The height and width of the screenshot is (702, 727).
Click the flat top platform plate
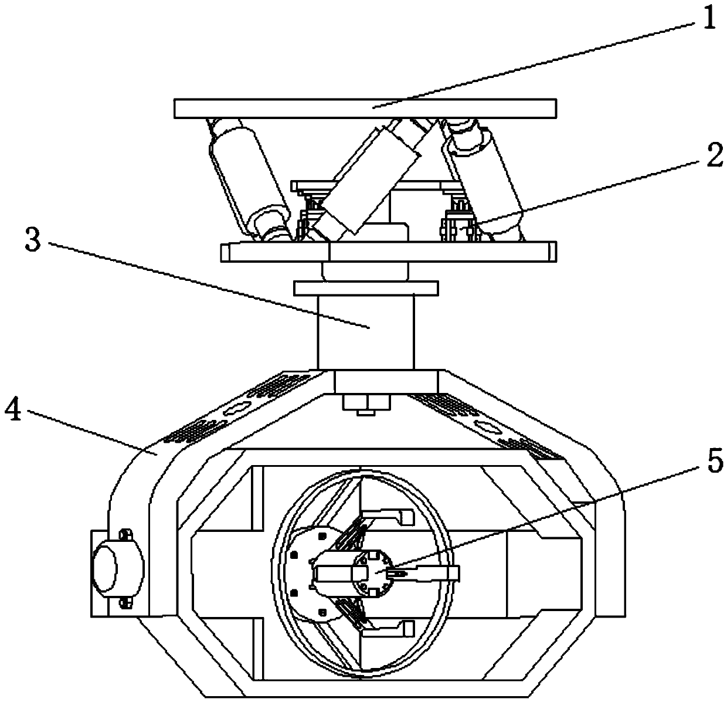[x=365, y=108]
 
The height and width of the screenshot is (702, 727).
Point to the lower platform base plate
[x=388, y=252]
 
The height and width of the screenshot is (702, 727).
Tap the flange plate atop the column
[x=366, y=289]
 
